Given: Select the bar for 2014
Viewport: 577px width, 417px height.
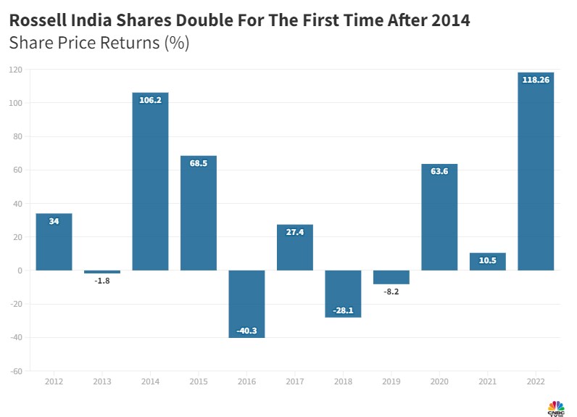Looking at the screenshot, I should click(x=150, y=181).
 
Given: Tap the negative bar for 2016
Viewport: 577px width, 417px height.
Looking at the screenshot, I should click(x=246, y=304).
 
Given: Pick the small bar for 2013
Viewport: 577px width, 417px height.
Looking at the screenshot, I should click(x=102, y=272).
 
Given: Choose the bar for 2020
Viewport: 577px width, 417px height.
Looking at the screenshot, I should click(x=439, y=218).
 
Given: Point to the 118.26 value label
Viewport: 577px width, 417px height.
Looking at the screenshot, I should click(x=536, y=80).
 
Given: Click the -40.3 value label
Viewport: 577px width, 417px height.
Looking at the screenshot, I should click(x=246, y=331).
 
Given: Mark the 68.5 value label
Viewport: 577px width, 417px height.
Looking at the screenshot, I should click(x=199, y=163).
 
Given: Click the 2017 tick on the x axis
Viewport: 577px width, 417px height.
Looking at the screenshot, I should click(x=295, y=381).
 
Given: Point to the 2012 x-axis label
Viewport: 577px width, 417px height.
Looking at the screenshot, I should click(x=54, y=381).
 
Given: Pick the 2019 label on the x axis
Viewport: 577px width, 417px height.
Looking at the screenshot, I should click(x=391, y=381).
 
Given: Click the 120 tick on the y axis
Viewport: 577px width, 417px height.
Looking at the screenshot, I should click(x=16, y=70).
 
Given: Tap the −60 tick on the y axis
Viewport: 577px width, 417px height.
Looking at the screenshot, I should click(x=16, y=371).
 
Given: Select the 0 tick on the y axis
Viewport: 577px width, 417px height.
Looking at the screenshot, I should click(x=20, y=271).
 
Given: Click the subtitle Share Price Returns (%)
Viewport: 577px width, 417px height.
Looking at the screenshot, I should click(x=99, y=43).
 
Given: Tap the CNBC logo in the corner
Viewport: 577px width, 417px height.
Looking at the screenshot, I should click(x=556, y=407).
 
